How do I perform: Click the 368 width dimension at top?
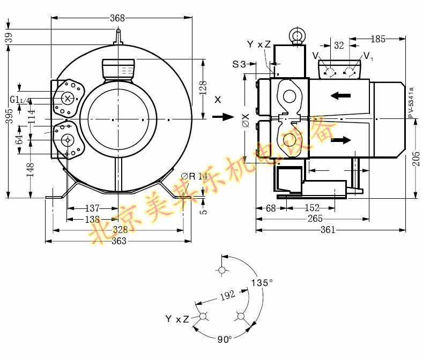coord(117,18)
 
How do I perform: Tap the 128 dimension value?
coord(203,88)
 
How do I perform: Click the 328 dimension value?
coord(120,229)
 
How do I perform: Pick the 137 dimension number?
coord(93,208)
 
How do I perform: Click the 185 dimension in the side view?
coord(378,39)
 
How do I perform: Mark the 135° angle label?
coord(263,282)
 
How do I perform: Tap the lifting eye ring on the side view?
coord(296,35)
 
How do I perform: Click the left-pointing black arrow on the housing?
coord(340,96)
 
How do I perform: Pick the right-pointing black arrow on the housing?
coord(340,140)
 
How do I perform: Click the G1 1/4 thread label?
coord(21,100)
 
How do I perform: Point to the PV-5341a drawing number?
coord(411,102)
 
